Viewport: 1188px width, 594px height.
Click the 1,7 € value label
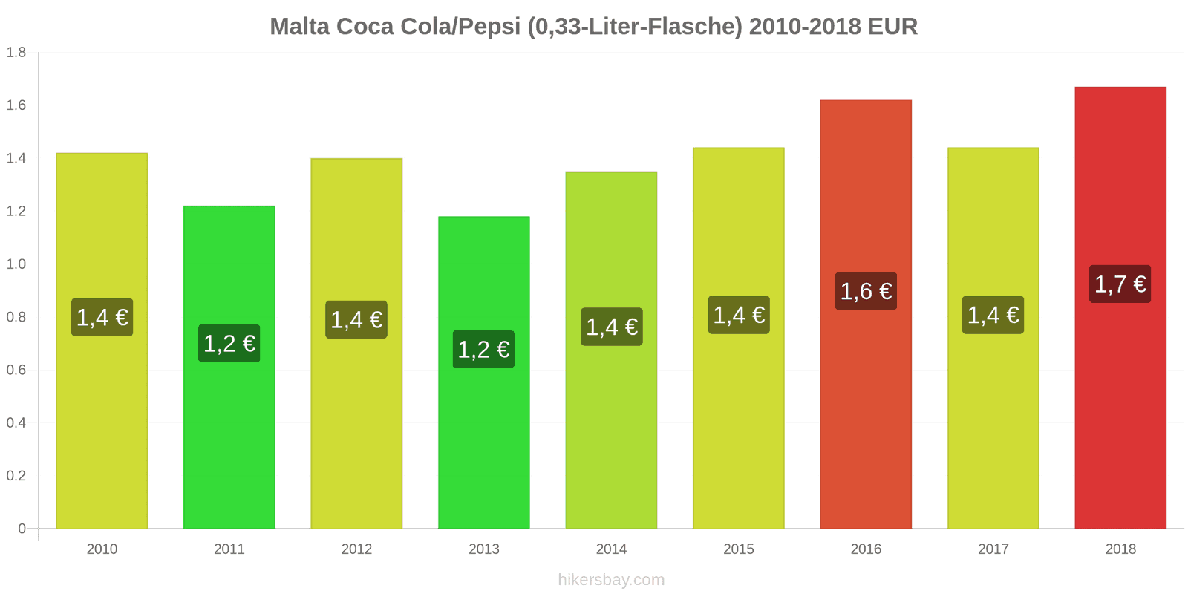point(1120,284)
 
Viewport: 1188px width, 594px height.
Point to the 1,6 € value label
point(866,291)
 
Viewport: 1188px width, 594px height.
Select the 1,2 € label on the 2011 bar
point(229,344)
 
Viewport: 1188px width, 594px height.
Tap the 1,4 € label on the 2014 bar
point(611,327)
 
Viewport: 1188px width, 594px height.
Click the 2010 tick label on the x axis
point(102,549)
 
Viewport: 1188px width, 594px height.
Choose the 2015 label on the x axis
point(738,549)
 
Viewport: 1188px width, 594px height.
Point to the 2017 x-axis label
point(993,549)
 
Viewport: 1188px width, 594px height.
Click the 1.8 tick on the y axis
point(16,53)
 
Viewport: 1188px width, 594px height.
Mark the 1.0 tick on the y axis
point(16,264)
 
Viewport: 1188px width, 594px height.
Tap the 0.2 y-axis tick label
point(16,476)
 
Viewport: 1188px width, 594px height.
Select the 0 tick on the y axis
point(22,529)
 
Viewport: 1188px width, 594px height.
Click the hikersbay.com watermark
point(611,580)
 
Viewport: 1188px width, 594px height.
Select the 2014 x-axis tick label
point(611,549)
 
